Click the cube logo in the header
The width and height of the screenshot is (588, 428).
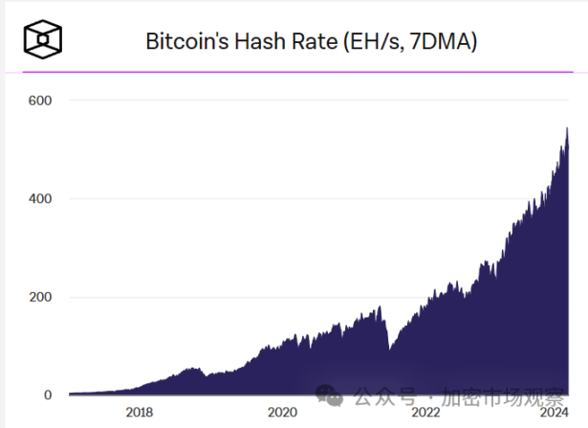(45, 40)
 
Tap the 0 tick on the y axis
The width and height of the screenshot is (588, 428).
(46, 394)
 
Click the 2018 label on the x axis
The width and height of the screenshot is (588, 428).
(140, 413)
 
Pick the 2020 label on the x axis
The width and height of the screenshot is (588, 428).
(282, 413)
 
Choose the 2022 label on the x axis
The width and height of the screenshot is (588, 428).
(425, 413)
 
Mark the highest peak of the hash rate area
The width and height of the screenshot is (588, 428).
(568, 128)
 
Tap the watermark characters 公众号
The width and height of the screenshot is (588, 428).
(380, 394)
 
